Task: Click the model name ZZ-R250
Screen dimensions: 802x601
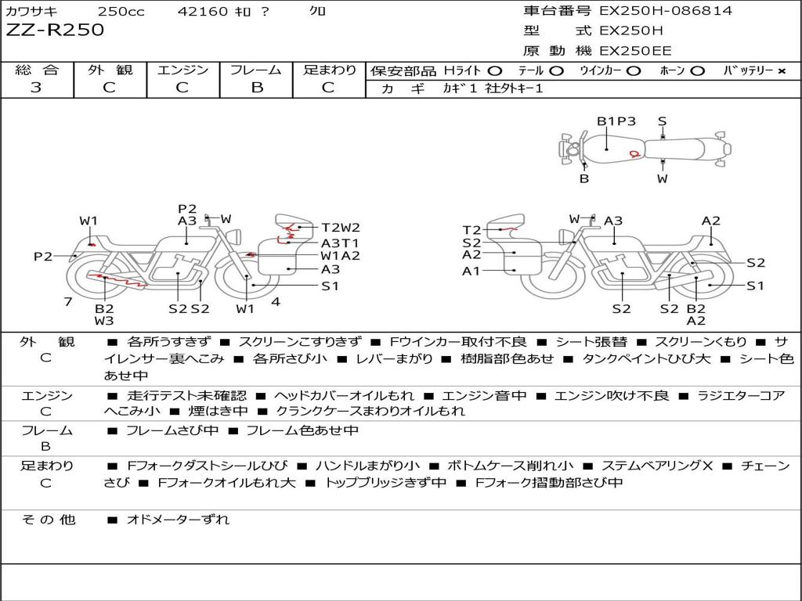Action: coord(55,31)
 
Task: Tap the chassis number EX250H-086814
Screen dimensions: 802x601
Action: coord(666,11)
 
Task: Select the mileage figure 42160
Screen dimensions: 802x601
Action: coord(203,12)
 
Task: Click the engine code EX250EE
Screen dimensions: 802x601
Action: coord(635,52)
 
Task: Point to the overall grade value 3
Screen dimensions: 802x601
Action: coord(36,88)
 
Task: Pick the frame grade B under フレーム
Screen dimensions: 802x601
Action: coord(257,88)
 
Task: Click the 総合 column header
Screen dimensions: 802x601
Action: coord(37,70)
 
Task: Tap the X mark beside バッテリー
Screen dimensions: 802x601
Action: coord(781,71)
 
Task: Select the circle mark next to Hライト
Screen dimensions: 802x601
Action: coord(495,71)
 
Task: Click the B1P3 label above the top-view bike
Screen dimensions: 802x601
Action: coord(616,121)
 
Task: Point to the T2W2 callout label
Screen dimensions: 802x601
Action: coord(341,228)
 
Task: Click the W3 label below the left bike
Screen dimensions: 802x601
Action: coord(104,320)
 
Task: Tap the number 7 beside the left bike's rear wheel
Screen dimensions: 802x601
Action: coord(68,302)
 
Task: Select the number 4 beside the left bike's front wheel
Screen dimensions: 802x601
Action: coord(275,302)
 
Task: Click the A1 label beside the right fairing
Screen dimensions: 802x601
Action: coord(471,272)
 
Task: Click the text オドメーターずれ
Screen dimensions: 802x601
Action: coord(178,519)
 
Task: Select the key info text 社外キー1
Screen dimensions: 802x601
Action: coord(515,89)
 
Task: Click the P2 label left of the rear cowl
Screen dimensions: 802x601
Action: coord(43,257)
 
